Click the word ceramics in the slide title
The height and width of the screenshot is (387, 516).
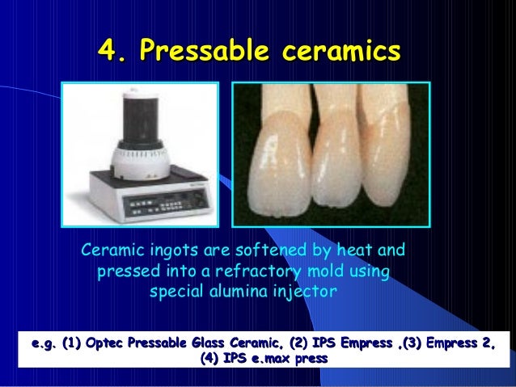coord(347,52)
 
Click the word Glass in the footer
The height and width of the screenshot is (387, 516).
coord(214,343)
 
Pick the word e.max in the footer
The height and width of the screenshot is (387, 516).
coord(273,358)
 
